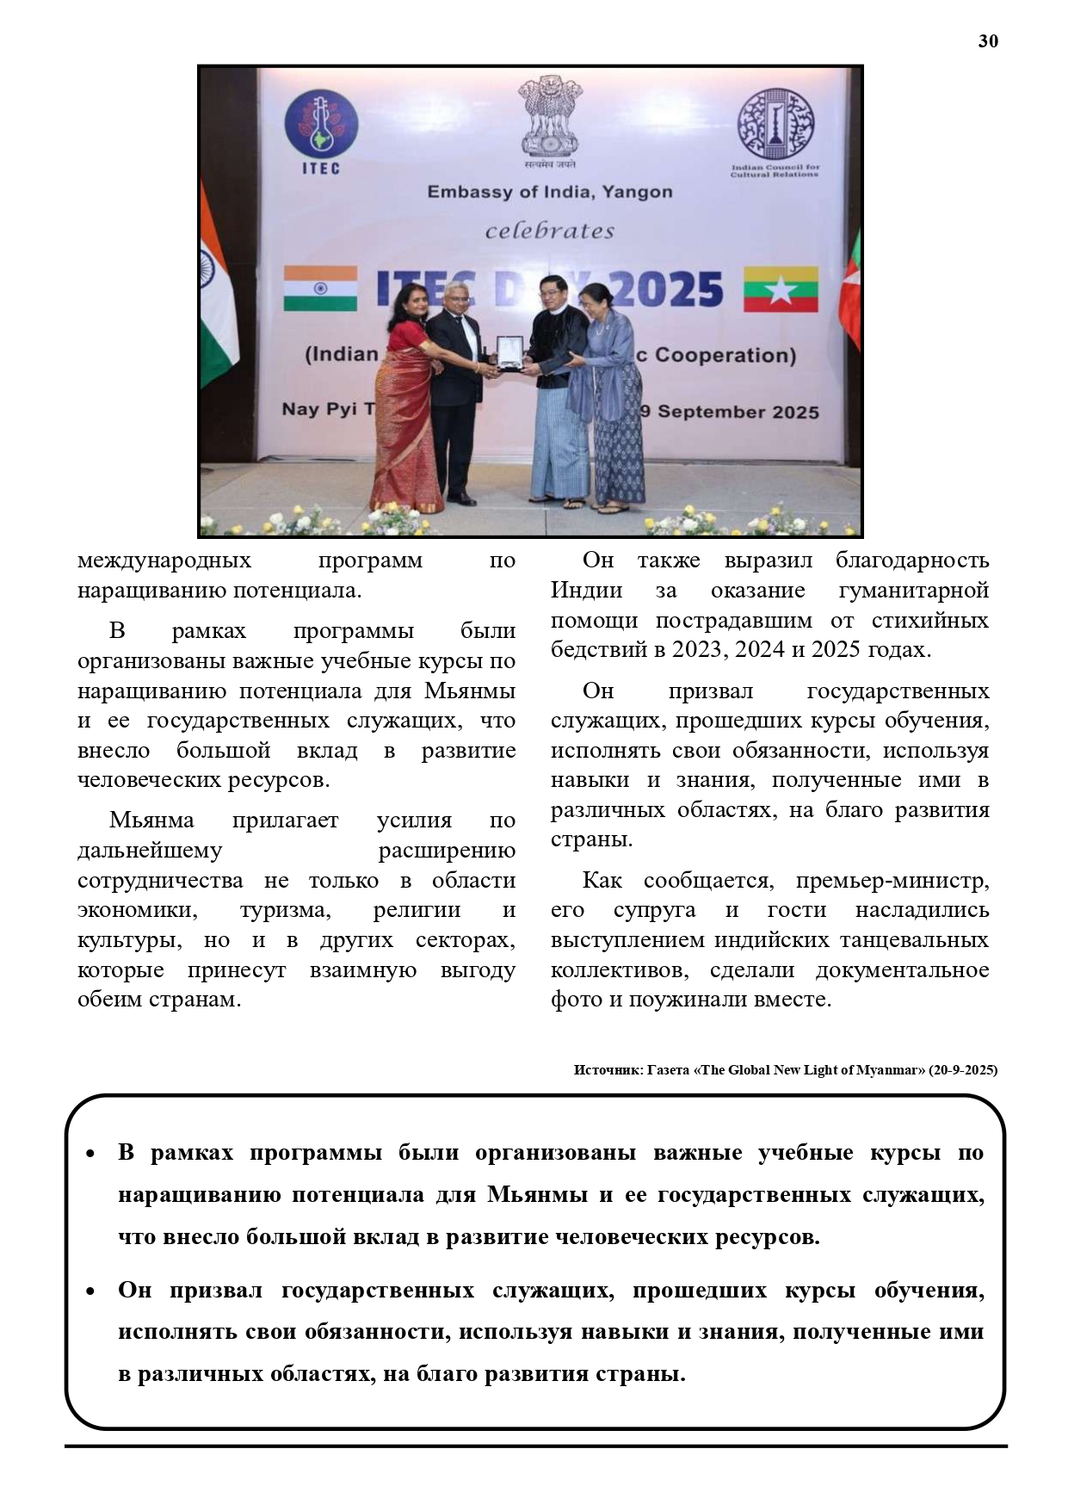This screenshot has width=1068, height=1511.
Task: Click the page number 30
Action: click(988, 41)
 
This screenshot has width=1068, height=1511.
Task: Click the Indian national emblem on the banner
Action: click(550, 120)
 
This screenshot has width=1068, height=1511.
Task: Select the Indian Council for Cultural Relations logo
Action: click(775, 130)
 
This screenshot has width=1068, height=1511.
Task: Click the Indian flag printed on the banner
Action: click(320, 288)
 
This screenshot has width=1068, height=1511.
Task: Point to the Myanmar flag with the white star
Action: click(781, 289)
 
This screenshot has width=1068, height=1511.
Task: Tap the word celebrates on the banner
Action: click(550, 231)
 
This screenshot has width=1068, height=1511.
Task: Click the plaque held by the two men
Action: click(509, 353)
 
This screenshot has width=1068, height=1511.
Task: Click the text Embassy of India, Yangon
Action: click(550, 191)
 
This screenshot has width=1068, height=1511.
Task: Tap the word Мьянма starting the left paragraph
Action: click(151, 821)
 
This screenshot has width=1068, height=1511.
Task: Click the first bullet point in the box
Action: click(90, 1154)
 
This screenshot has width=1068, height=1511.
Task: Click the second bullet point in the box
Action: click(90, 1291)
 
